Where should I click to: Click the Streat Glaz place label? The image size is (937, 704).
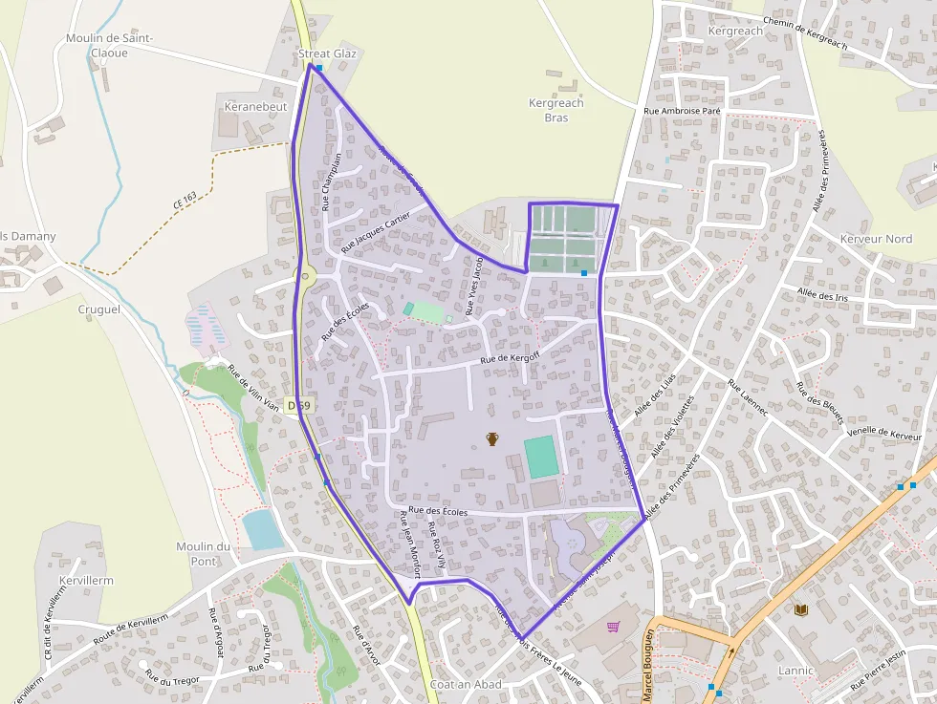327,53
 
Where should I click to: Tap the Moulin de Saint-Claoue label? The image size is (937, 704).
109,45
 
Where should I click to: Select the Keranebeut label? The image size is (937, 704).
254,107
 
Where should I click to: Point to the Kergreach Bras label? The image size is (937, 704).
556,110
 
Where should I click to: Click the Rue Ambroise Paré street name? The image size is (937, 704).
682,111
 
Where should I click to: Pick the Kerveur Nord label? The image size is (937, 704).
875,239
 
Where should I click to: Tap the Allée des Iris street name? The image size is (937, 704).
821,295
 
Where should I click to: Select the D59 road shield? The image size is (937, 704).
298,406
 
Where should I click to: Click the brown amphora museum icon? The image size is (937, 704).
492,438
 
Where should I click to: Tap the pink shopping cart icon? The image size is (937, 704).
613,627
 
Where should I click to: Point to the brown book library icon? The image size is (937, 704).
800,609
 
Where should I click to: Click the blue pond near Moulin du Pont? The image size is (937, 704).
262,529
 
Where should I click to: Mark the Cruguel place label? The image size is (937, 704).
99,309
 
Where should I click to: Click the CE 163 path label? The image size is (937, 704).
185,201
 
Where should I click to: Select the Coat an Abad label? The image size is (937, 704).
466,685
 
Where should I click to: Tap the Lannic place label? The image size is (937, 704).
795,671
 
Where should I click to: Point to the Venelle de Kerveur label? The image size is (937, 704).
884,434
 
